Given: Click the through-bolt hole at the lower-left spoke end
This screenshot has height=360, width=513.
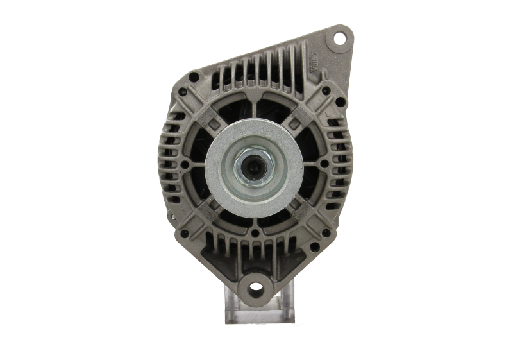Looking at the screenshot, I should pos(186,234).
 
